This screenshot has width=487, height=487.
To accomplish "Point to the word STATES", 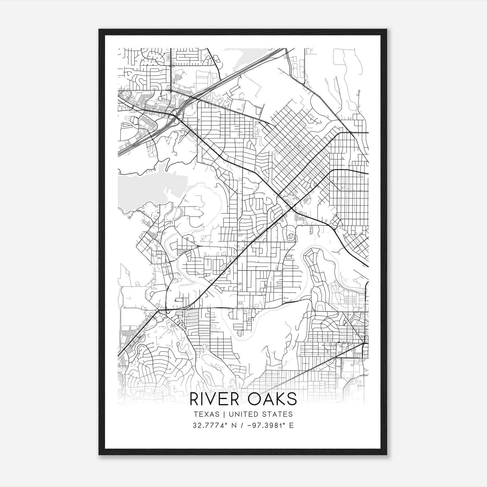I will point(278,414).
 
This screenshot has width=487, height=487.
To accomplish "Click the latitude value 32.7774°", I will point(210,426).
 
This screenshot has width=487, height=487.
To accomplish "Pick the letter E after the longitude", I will point(291,426).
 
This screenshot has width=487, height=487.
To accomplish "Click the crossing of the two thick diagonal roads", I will point(292,208).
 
